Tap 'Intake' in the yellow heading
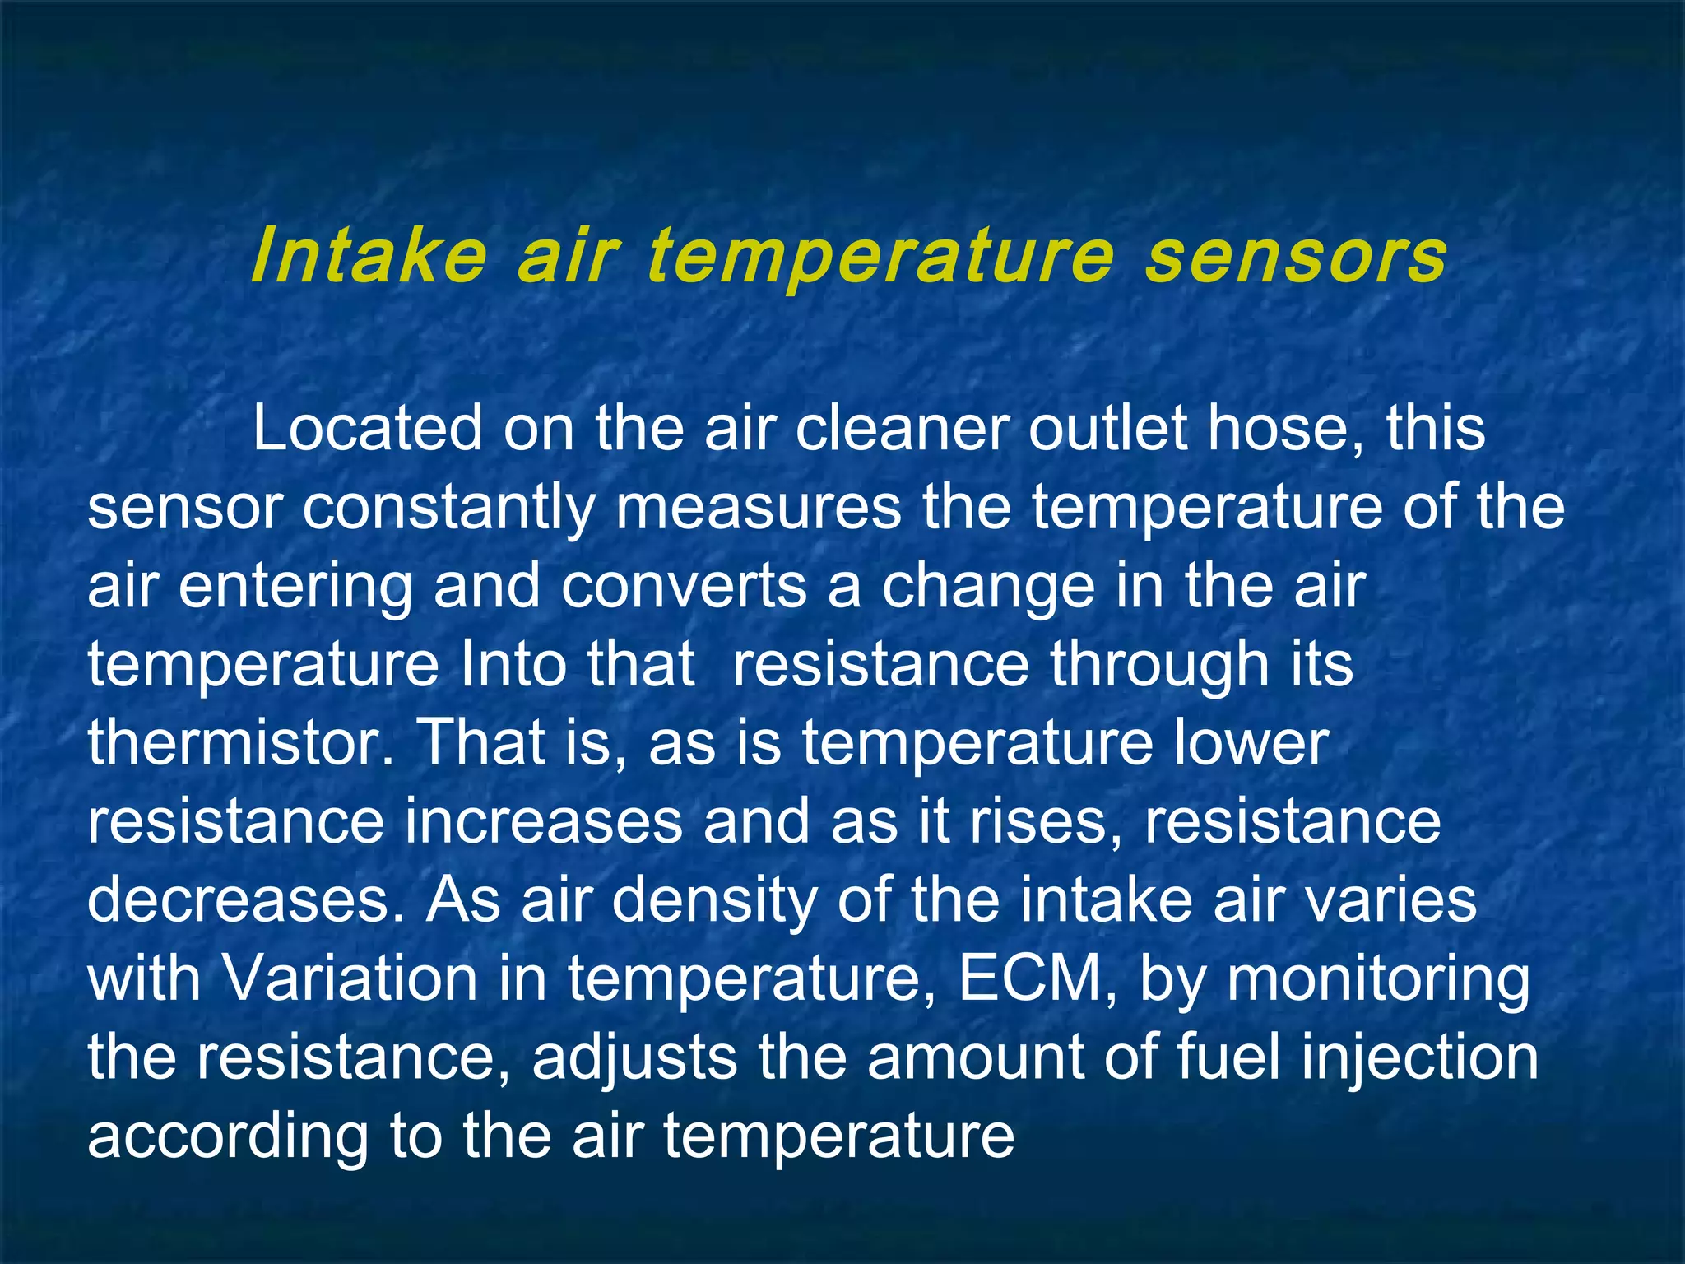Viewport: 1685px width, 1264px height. pos(369,257)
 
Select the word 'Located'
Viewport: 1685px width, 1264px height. pos(367,429)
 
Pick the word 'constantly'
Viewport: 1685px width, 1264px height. pos(448,508)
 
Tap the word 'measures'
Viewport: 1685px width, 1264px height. pos(759,508)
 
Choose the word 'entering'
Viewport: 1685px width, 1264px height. pos(295,586)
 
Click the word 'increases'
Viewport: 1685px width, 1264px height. pos(543,820)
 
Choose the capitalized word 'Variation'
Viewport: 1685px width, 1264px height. pos(350,978)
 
